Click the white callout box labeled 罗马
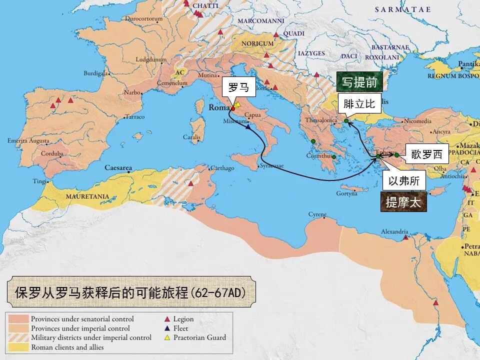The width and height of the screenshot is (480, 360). (238, 87)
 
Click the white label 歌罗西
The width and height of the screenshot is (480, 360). (426, 154)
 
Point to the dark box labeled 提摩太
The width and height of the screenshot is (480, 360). (403, 202)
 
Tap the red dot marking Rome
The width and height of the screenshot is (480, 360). (233, 108)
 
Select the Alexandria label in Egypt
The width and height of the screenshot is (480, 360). (394, 231)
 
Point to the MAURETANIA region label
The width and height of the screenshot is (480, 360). (87, 196)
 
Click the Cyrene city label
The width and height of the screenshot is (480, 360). (317, 214)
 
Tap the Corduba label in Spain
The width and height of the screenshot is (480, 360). (52, 153)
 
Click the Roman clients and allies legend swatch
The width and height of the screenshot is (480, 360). (18, 347)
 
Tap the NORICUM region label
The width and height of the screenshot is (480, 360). (257, 43)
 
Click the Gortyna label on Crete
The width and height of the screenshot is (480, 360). (347, 193)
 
